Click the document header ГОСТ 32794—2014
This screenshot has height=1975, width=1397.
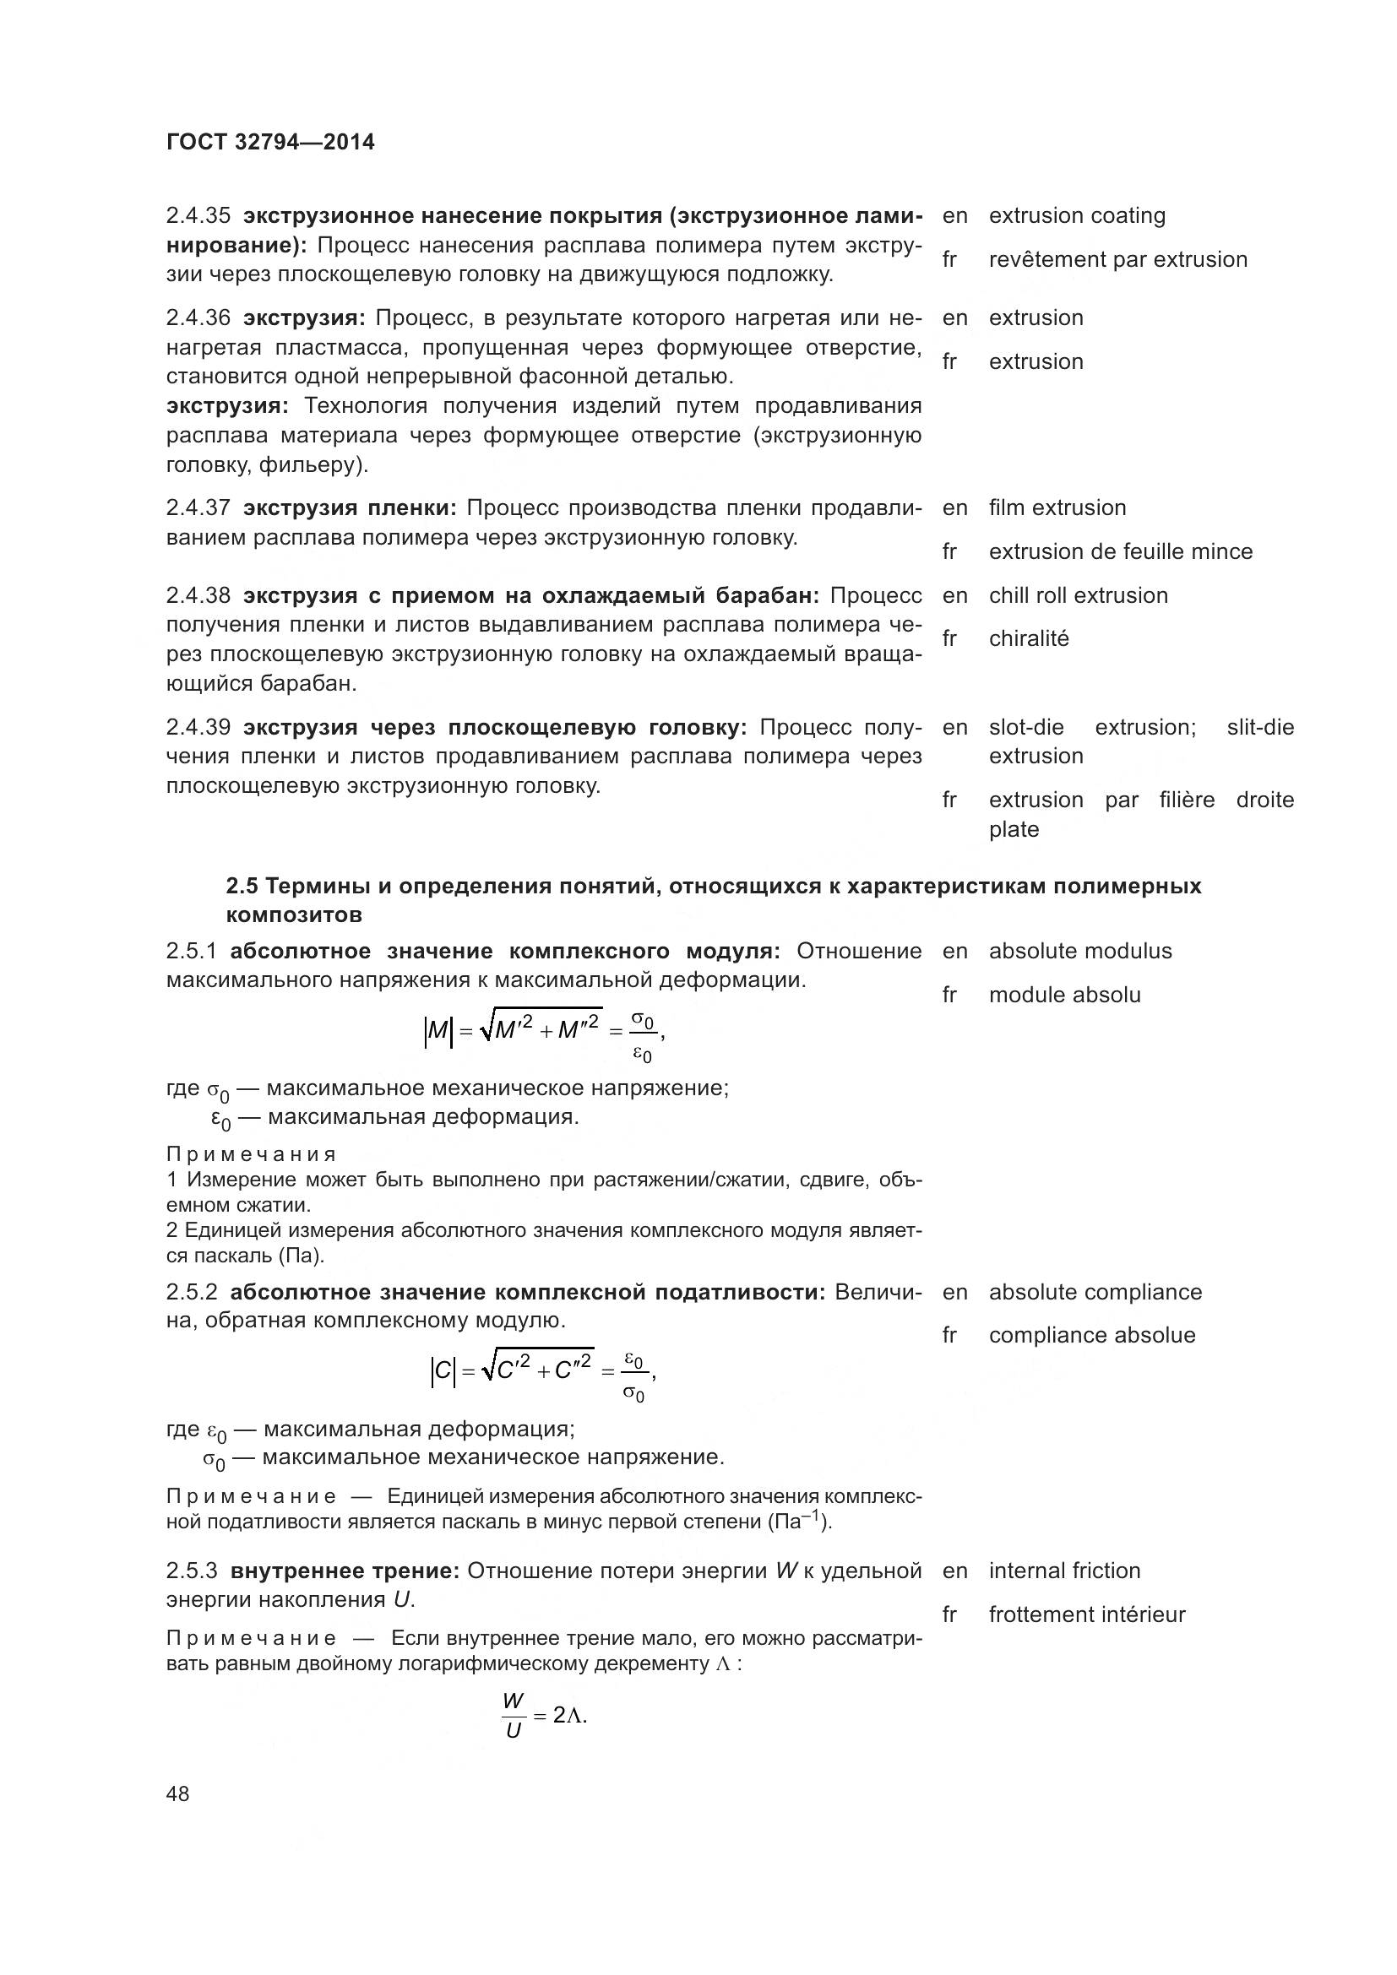point(270,143)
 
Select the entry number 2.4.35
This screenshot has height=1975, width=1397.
point(198,216)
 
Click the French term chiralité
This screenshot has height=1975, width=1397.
point(1028,639)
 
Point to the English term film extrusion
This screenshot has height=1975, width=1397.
point(1057,507)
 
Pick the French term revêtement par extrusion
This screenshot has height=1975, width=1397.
point(1117,260)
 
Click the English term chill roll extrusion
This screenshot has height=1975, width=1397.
point(1078,595)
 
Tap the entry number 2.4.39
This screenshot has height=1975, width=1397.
point(198,728)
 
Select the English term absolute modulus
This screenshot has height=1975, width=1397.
point(1079,952)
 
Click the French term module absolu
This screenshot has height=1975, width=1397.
point(1064,996)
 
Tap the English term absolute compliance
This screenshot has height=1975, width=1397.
point(1095,1292)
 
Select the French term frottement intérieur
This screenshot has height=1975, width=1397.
point(1086,1614)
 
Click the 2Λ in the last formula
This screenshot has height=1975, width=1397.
point(568,1715)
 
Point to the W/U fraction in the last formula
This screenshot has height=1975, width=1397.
point(514,1715)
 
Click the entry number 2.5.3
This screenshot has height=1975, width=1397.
point(192,1571)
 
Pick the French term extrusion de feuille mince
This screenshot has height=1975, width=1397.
point(1120,551)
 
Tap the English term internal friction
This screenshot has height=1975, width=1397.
point(1064,1571)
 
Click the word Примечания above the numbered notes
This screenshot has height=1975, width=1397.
point(250,1154)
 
